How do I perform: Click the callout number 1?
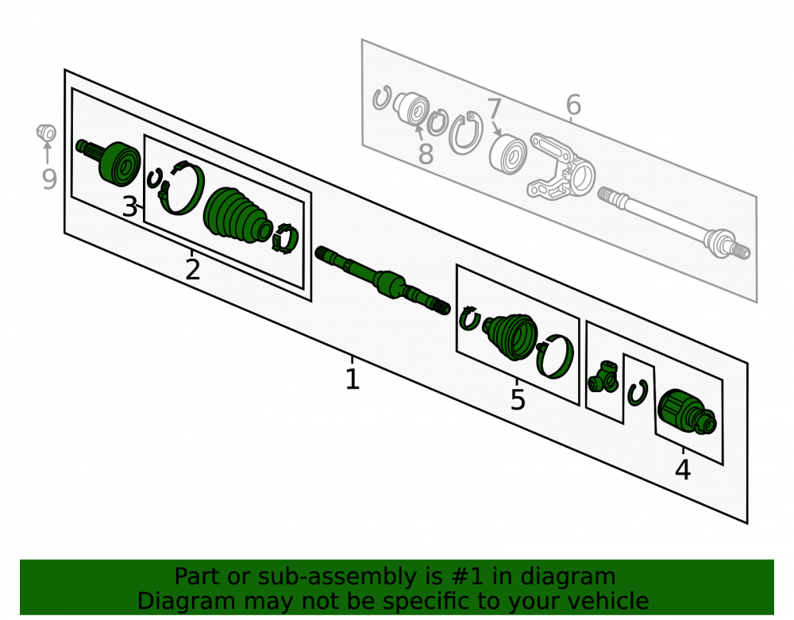click(353, 379)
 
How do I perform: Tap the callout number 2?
click(192, 270)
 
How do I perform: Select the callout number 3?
click(129, 207)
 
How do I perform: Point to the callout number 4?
click(683, 470)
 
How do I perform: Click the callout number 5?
click(518, 400)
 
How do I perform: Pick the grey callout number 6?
click(573, 106)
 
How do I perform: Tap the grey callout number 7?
click(494, 109)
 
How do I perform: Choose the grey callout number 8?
click(426, 154)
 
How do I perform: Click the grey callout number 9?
click(49, 179)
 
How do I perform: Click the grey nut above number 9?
click(46, 133)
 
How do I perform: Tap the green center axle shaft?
click(383, 280)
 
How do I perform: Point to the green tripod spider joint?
click(603, 377)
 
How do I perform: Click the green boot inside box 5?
click(511, 336)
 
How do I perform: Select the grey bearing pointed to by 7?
click(508, 153)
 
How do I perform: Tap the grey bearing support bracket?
click(561, 167)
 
